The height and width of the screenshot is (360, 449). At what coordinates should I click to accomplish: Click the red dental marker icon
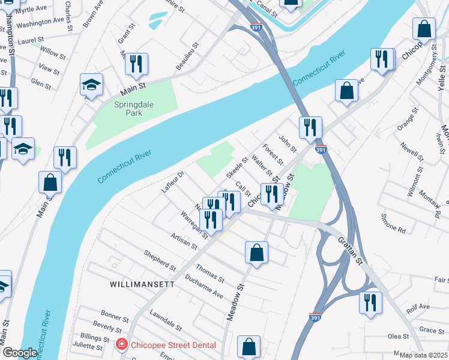121,344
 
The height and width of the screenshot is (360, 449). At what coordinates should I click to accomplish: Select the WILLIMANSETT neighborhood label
142,284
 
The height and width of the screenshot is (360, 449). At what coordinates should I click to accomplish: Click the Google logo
19,353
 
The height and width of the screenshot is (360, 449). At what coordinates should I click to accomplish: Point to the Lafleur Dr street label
173,182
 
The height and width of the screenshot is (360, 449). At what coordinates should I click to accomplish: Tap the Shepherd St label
160,260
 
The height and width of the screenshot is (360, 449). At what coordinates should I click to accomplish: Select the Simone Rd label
393,226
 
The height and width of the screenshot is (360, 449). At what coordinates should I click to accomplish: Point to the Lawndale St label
166,321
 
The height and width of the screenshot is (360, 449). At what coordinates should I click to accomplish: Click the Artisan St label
183,241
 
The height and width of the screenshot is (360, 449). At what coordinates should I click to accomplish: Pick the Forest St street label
273,154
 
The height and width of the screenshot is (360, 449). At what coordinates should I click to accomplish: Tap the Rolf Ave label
418,307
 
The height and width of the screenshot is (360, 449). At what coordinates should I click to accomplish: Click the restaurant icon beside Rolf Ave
370,302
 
